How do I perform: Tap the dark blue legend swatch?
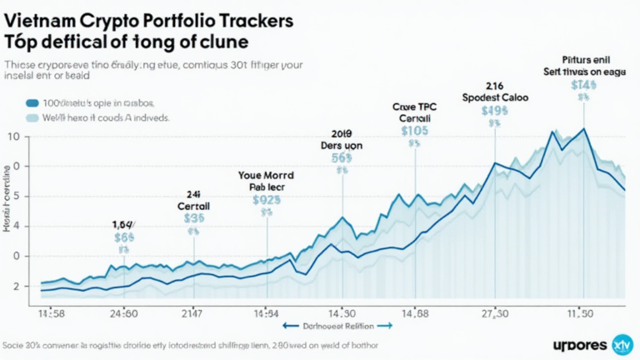point(32,103)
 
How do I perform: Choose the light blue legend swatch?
point(32,118)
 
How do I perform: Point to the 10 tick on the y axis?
point(12,136)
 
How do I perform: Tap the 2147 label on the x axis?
point(192,313)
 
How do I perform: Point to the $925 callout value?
point(267,200)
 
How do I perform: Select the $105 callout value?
point(414,131)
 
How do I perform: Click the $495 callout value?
point(494,111)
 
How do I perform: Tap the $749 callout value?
point(583,84)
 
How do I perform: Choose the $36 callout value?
point(193,218)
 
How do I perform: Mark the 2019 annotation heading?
point(341,132)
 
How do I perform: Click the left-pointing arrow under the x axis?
point(289,327)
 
